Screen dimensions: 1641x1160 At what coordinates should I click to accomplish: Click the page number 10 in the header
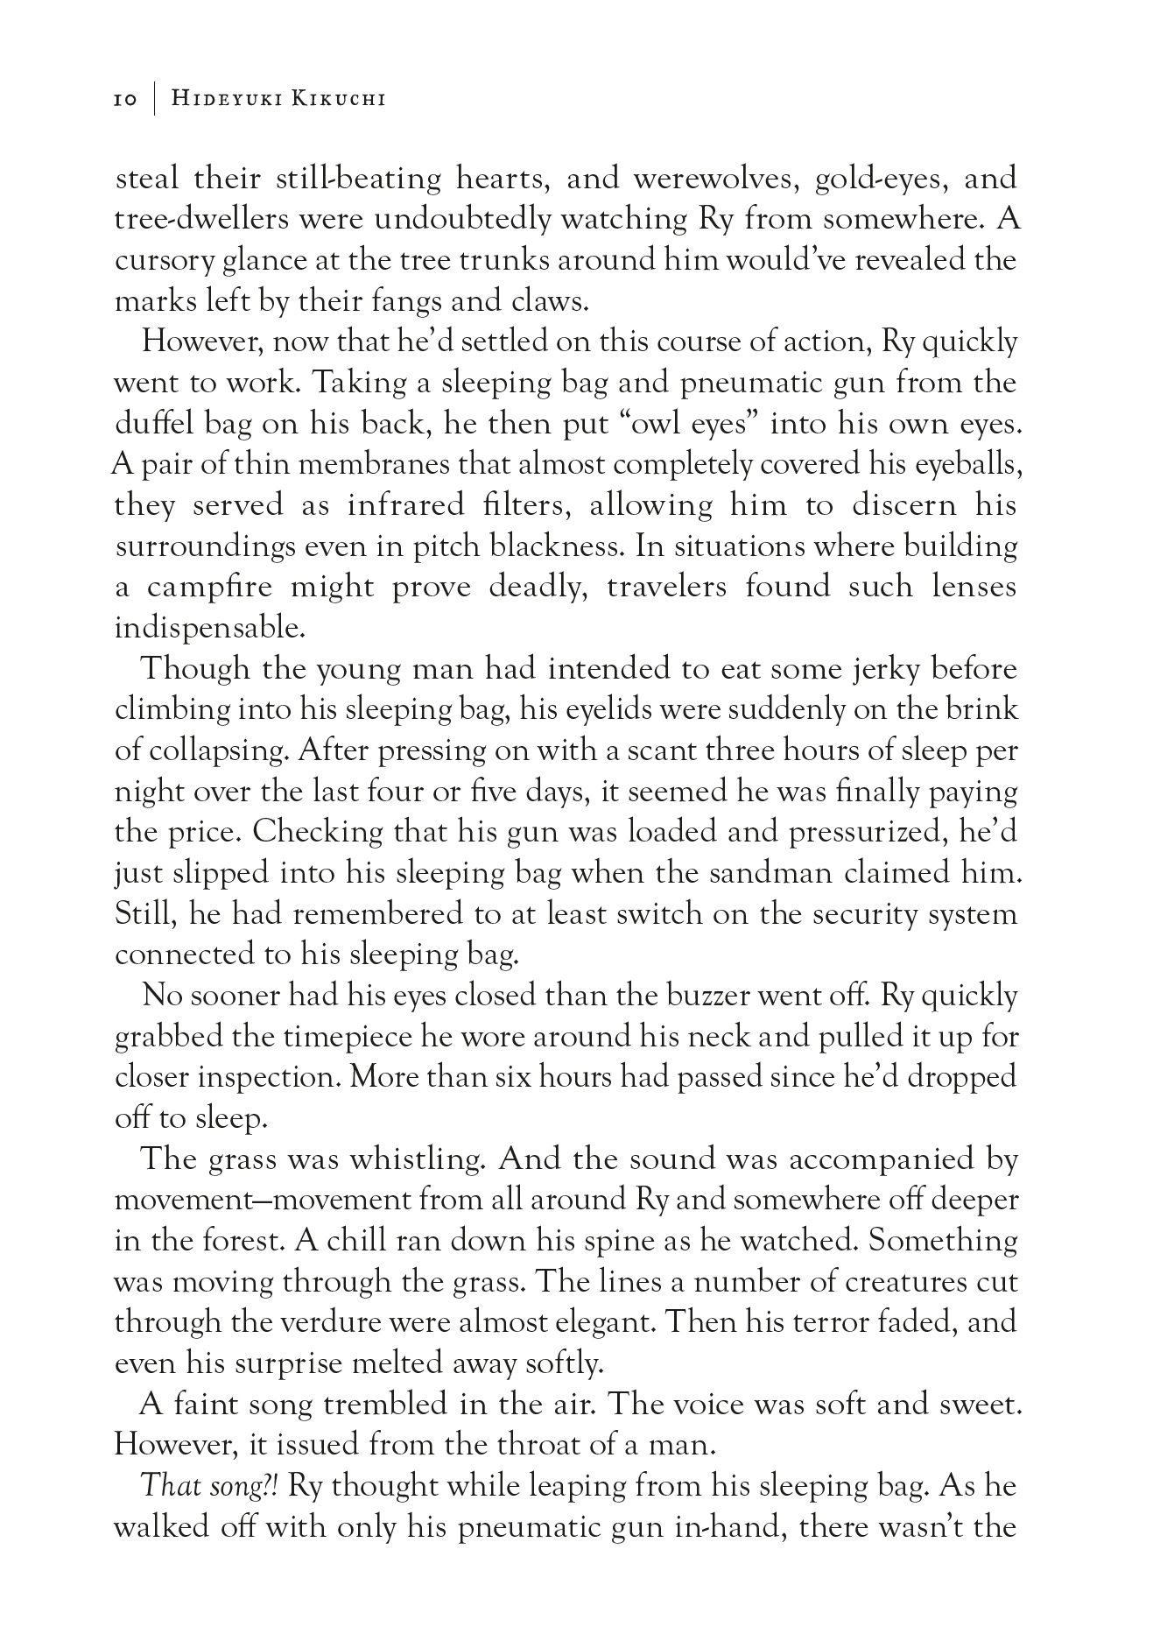(x=125, y=100)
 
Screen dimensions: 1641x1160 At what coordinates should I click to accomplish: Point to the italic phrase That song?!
(x=210, y=1486)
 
